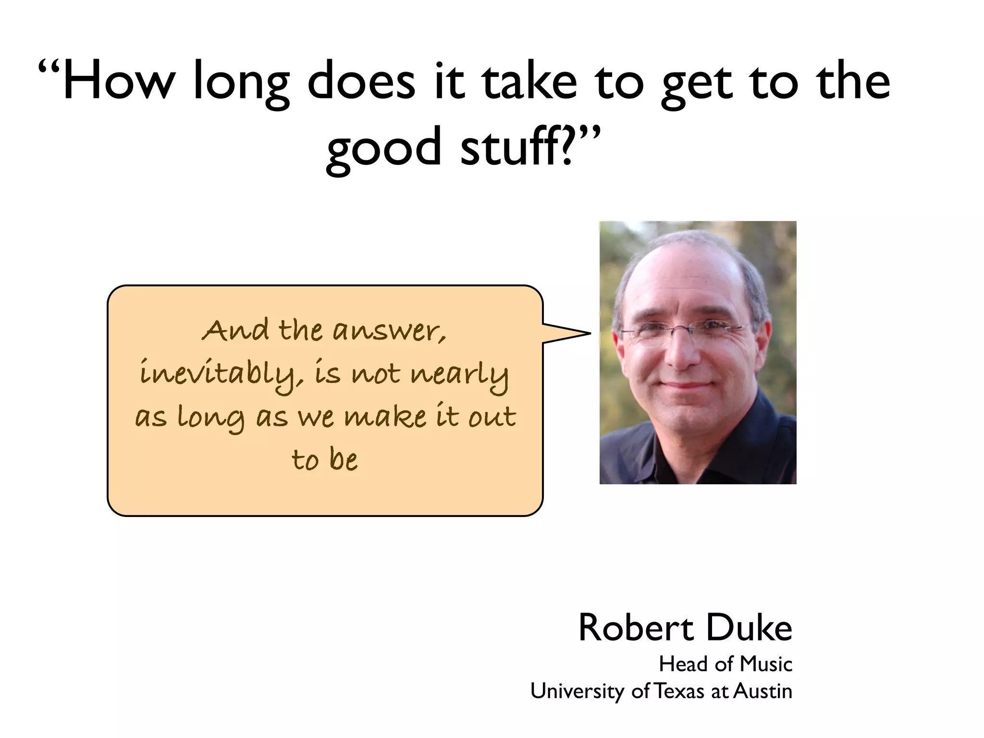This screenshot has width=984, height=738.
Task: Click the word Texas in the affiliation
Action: click(680, 691)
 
